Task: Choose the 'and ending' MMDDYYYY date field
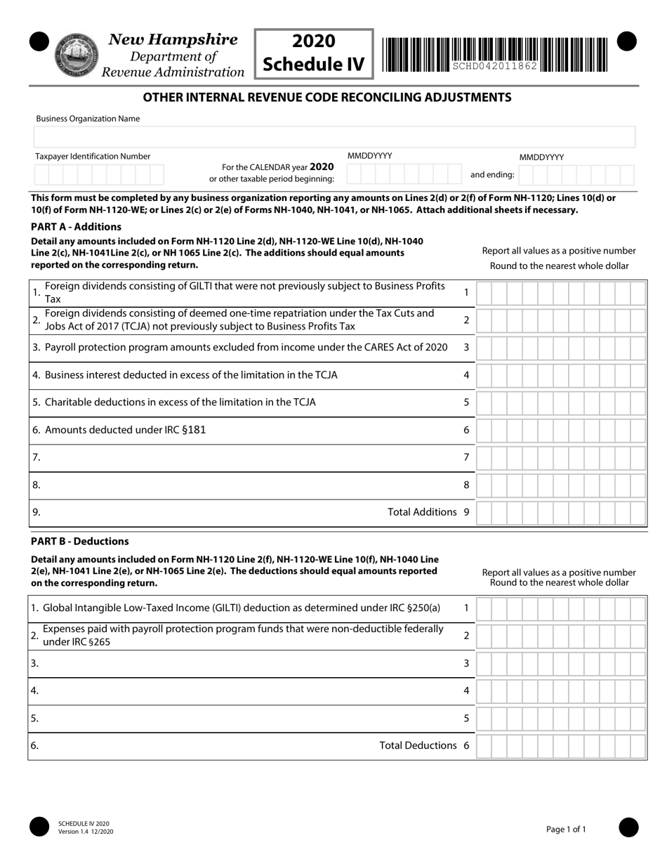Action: [577, 174]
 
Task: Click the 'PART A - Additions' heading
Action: [76, 227]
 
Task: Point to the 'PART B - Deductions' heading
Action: [80, 542]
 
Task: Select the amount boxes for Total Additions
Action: [561, 513]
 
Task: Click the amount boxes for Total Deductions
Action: [561, 746]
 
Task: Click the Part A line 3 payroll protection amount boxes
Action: [561, 348]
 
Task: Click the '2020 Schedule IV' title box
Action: [313, 53]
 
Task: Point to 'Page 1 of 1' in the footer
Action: [566, 830]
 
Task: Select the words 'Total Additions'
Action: [422, 512]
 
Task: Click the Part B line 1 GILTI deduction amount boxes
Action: [561, 608]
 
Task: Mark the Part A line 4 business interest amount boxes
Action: [561, 375]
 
